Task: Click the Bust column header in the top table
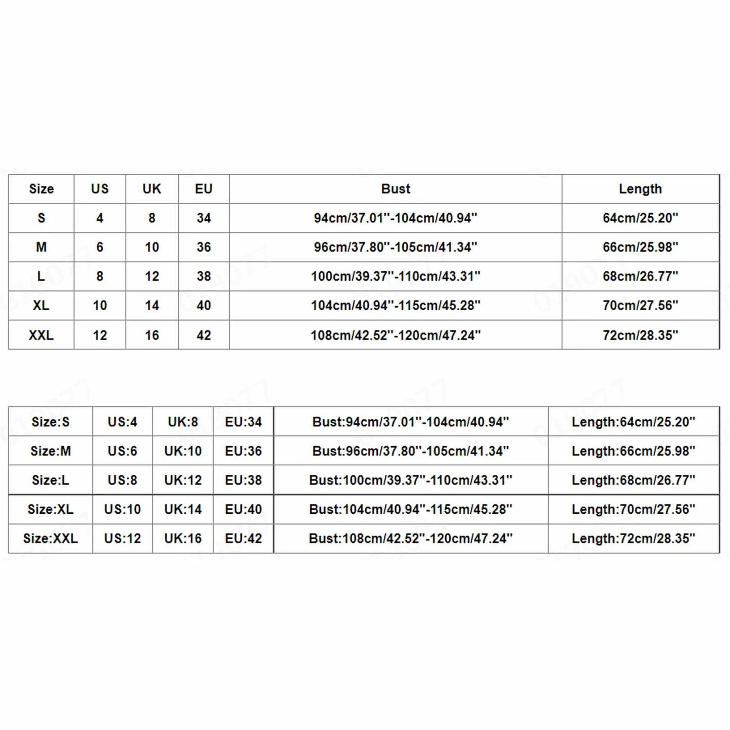pos(396,189)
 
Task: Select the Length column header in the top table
pos(640,189)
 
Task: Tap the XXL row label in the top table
pos(41,335)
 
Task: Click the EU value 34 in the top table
pos(204,218)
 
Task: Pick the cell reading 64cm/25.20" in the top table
pos(640,218)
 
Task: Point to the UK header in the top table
pos(152,189)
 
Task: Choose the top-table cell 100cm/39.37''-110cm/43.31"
pos(396,276)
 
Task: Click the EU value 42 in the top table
pos(204,335)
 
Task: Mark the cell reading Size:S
pos(51,422)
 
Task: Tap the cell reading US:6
pos(122,451)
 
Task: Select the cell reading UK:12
pos(183,480)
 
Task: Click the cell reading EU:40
pos(244,509)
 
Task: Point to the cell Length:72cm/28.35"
pos(634,539)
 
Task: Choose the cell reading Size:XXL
pos(51,539)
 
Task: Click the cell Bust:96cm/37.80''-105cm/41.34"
pos(410,451)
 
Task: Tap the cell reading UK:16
pos(183,539)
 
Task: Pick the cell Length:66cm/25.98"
pos(634,451)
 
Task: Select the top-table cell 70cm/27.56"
pos(640,306)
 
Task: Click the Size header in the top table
pos(41,189)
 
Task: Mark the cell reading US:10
pos(122,509)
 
